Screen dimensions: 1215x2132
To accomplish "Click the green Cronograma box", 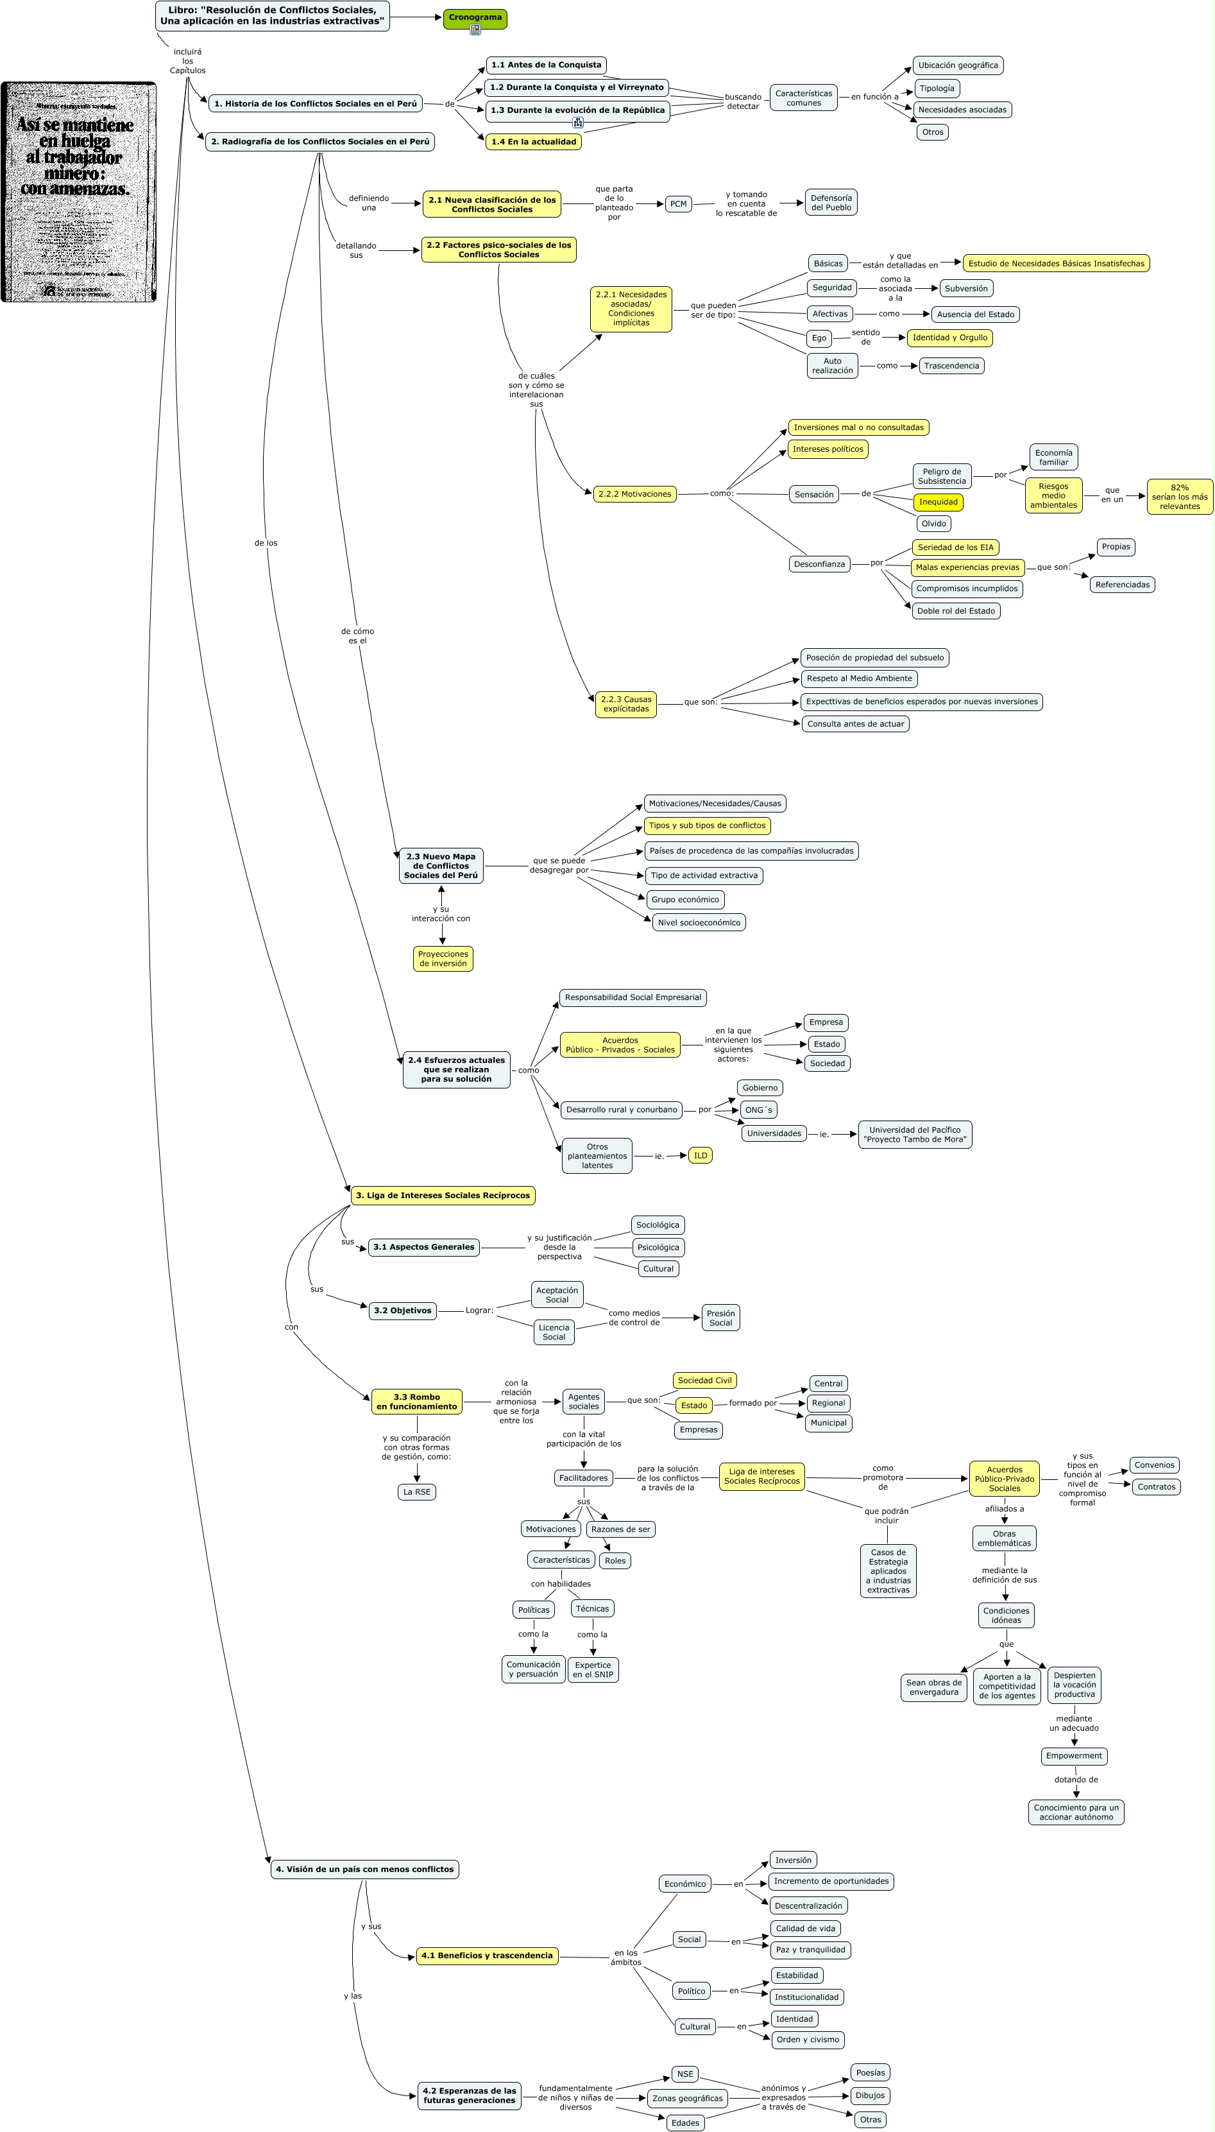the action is pyautogui.click(x=475, y=17).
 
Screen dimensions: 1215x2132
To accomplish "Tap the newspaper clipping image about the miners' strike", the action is pyautogui.click(x=78, y=192).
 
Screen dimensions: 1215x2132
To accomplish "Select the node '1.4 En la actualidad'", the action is pyautogui.click(x=533, y=142).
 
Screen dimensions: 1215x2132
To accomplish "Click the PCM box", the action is pyautogui.click(x=679, y=203).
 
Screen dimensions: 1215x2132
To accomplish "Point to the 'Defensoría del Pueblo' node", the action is pyautogui.click(x=831, y=203).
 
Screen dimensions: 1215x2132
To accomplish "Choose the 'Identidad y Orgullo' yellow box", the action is pyautogui.click(x=949, y=338).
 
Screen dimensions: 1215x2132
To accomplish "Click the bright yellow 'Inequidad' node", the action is pyautogui.click(x=938, y=503).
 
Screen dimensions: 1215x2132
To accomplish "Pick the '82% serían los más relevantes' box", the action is pyautogui.click(x=1179, y=497).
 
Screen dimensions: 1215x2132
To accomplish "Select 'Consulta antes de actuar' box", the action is pyautogui.click(x=855, y=724).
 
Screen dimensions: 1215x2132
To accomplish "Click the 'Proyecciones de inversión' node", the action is pyautogui.click(x=443, y=958).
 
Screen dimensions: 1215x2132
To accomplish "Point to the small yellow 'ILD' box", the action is pyautogui.click(x=700, y=1155).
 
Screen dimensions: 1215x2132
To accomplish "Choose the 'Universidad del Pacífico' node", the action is pyautogui.click(x=915, y=1135).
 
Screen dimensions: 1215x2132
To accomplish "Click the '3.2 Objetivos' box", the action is pyautogui.click(x=402, y=1311).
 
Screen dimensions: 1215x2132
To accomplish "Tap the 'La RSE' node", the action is pyautogui.click(x=416, y=1492).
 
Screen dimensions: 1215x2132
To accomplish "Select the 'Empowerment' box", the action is pyautogui.click(x=1074, y=1755).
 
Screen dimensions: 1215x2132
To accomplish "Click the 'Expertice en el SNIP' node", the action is pyautogui.click(x=593, y=1669).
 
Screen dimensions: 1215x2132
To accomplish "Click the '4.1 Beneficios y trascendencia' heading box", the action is pyautogui.click(x=488, y=1955).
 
